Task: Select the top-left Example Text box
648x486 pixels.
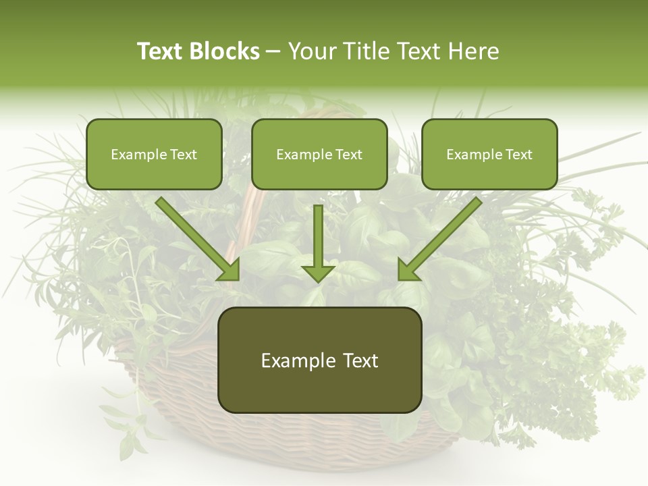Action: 154,154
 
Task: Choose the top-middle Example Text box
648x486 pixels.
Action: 319,154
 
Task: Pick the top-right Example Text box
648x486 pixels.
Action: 489,154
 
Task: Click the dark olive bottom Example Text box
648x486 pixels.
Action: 319,360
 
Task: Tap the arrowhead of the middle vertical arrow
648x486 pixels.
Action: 318,272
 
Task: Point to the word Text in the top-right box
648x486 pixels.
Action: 519,155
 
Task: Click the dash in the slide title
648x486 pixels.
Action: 273,52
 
